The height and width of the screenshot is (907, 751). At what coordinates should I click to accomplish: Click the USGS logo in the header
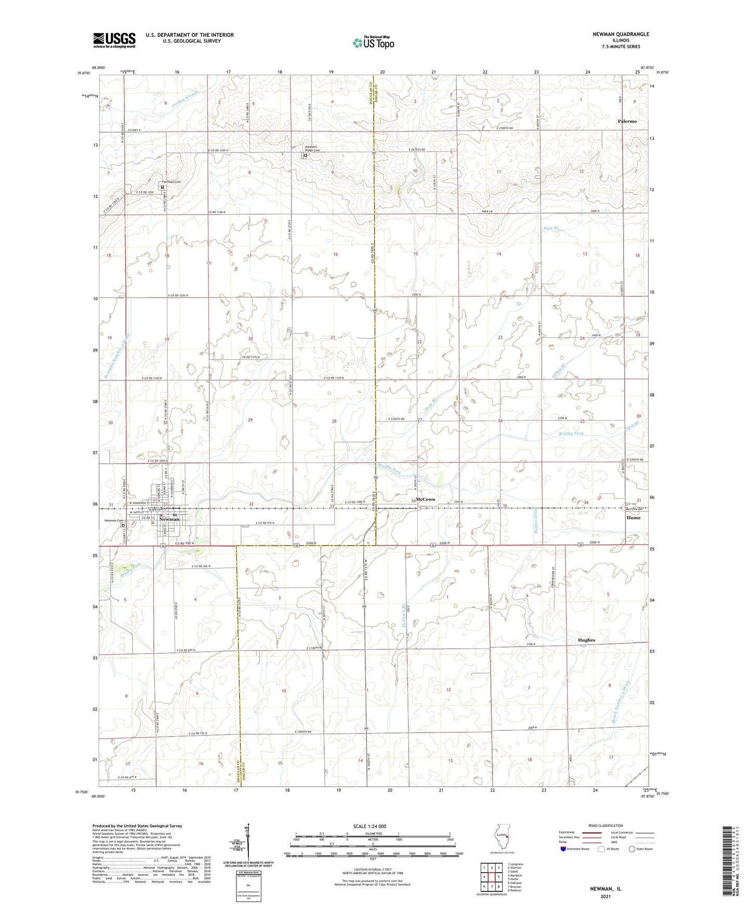tap(114, 40)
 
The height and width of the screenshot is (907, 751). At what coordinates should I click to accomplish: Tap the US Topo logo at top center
tap(373, 43)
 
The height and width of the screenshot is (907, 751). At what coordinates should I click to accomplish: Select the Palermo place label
tap(627, 121)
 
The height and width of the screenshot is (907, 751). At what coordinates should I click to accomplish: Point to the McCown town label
tap(425, 499)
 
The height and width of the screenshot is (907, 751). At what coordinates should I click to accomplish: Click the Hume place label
tap(633, 517)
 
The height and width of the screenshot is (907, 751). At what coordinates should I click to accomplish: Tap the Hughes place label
tap(586, 640)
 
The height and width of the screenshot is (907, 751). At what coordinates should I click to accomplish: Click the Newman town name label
tap(169, 519)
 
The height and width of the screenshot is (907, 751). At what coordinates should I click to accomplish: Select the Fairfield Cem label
tap(171, 182)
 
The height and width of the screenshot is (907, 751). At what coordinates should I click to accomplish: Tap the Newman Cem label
tap(114, 521)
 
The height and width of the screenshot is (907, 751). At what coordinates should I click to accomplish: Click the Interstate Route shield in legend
tap(564, 848)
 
